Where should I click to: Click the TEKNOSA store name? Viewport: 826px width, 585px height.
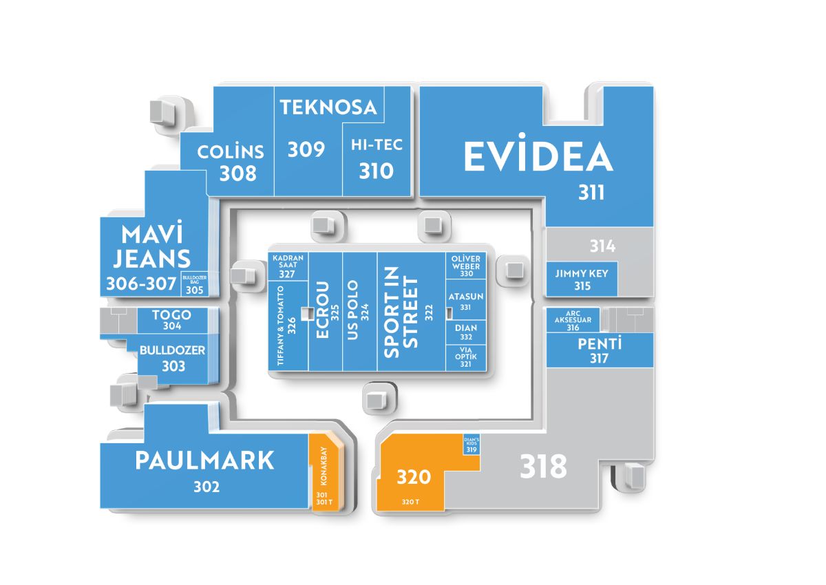(x=328, y=107)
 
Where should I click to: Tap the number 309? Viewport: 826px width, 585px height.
(x=306, y=149)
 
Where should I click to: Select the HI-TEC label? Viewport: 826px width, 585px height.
(x=377, y=145)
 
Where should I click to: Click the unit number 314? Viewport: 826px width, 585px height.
(x=602, y=246)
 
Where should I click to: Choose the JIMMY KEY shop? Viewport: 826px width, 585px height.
(x=582, y=279)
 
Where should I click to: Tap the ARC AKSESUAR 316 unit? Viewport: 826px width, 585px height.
(x=573, y=320)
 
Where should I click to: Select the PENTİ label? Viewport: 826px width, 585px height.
(x=600, y=344)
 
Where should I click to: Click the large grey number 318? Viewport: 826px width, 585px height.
(x=543, y=467)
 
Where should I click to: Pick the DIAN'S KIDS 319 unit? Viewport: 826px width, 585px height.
(x=472, y=445)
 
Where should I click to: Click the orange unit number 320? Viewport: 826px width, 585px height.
(x=414, y=477)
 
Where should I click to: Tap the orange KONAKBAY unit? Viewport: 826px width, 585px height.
(x=327, y=472)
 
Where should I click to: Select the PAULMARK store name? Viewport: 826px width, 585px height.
(x=204, y=460)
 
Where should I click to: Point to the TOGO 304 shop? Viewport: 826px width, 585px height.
(x=173, y=320)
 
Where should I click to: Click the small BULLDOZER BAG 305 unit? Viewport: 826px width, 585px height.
(x=194, y=284)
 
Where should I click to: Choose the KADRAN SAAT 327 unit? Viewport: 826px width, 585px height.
(x=288, y=266)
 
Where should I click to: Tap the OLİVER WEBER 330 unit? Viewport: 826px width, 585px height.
(x=466, y=266)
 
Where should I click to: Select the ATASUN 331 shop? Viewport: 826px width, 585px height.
(x=466, y=299)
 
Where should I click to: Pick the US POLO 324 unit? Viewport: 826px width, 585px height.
(x=359, y=312)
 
